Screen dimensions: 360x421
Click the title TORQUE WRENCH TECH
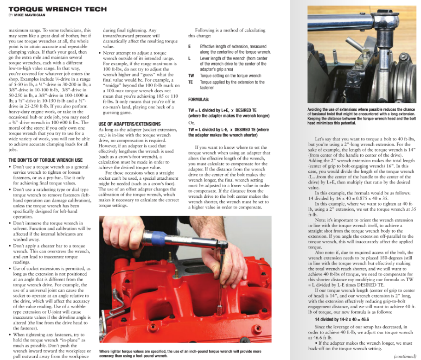57,9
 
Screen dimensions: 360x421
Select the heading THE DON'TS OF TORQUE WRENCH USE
45,160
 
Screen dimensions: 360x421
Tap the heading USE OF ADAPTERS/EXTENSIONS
129,124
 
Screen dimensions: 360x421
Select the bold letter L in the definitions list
190,58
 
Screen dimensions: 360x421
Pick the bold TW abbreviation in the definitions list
191,76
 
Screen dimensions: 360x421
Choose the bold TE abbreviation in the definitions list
191,82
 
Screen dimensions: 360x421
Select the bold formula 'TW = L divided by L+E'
223,113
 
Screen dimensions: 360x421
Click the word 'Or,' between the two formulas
191,123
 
